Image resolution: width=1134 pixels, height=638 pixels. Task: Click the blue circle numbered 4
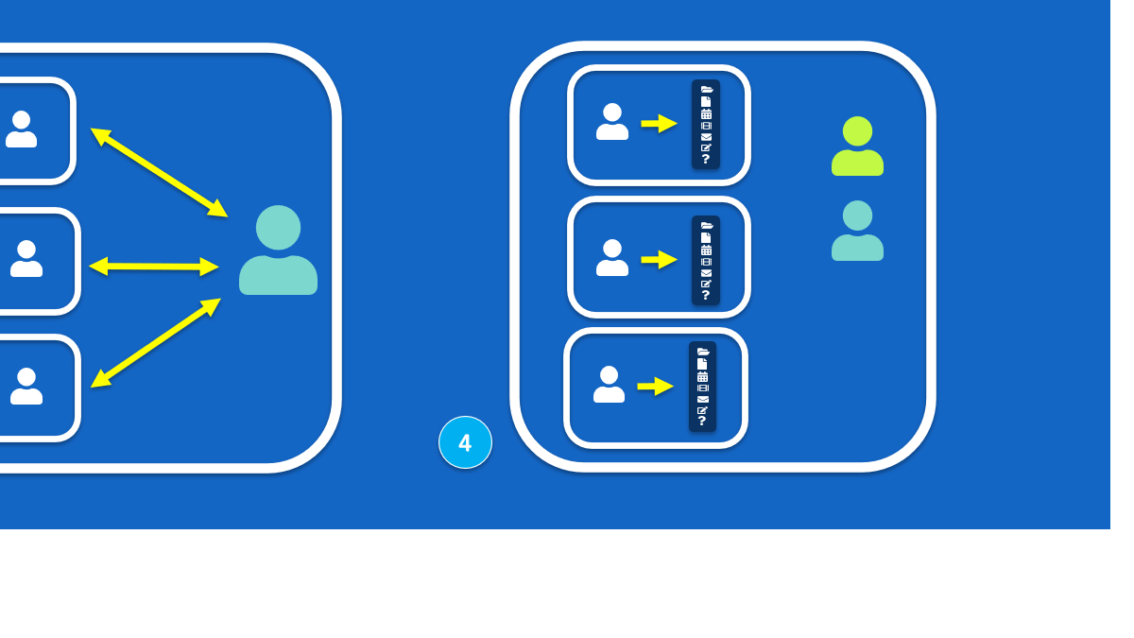(x=465, y=442)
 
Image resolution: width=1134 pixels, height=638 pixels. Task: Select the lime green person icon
(x=857, y=147)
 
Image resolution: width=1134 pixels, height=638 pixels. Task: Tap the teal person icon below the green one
(x=857, y=231)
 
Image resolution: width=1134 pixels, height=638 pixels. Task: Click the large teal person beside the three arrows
(x=278, y=250)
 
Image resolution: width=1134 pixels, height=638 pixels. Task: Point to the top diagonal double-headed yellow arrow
(x=159, y=172)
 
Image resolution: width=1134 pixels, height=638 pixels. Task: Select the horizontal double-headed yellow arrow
(x=154, y=267)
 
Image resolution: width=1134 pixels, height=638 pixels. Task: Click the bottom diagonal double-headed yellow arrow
(x=156, y=343)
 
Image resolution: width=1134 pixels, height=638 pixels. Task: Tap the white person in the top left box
(x=21, y=129)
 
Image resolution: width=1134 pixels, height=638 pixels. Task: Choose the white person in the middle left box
(x=26, y=259)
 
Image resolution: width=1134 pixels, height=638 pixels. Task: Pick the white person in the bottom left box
(x=26, y=386)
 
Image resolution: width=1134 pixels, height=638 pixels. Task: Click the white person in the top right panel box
(x=612, y=122)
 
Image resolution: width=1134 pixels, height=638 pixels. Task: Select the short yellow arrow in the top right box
(x=659, y=124)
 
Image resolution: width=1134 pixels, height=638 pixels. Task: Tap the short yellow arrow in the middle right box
(x=659, y=259)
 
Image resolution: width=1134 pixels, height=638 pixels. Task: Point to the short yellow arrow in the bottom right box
(x=655, y=386)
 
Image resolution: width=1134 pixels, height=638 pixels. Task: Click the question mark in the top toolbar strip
(x=706, y=160)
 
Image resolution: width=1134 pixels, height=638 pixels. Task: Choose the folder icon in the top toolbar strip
(x=706, y=90)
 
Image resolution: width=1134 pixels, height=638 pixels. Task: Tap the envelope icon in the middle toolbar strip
(x=706, y=273)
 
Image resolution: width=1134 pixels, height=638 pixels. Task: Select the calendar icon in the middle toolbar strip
(x=706, y=250)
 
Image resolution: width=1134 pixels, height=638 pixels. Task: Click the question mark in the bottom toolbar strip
(x=702, y=422)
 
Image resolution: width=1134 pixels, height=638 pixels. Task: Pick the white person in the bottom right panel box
(x=609, y=385)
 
